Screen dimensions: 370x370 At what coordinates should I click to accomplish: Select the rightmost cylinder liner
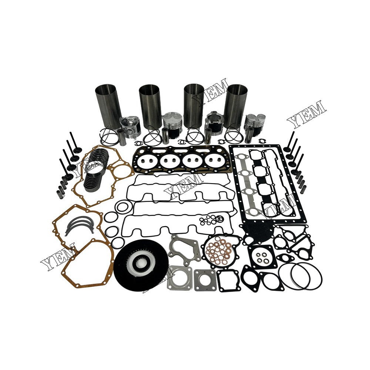coord(237,106)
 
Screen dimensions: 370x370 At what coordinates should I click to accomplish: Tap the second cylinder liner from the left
coord(150,106)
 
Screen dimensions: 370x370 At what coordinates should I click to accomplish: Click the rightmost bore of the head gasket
coord(216,161)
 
